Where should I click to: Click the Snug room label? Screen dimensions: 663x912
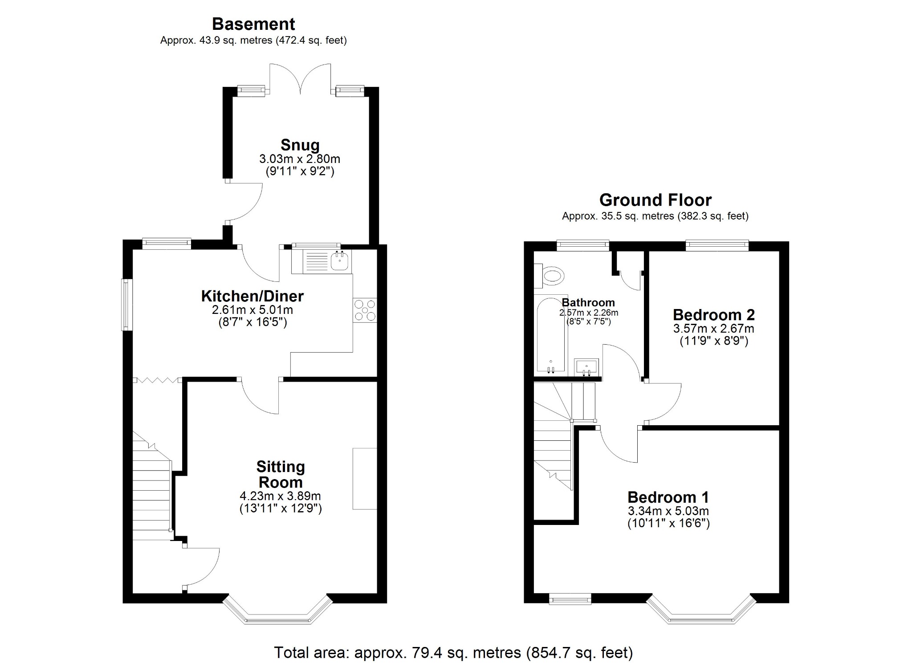coord(300,145)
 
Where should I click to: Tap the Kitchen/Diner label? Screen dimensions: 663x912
coord(252,296)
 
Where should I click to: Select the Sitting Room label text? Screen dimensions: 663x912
coord(281,474)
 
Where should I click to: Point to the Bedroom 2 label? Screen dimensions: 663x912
coord(713,315)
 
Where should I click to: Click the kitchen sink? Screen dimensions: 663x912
coord(340,261)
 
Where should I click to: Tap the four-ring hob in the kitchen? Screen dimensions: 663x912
coord(365,310)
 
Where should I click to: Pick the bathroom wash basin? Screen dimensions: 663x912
coord(586,367)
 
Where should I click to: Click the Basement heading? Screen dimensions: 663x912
coord(253,24)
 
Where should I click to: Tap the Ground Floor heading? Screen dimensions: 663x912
coord(655,200)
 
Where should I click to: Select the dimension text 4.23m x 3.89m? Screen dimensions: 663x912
coord(280,496)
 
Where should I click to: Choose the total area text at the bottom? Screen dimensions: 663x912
coord(453,652)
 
